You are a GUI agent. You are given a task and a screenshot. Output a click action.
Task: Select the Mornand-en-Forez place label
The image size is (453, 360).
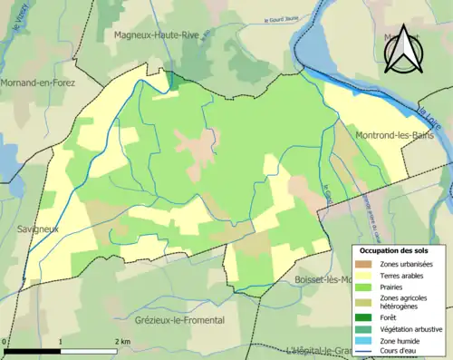tap(38, 82)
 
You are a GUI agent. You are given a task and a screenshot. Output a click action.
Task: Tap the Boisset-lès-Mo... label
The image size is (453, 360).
tap(323, 280)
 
